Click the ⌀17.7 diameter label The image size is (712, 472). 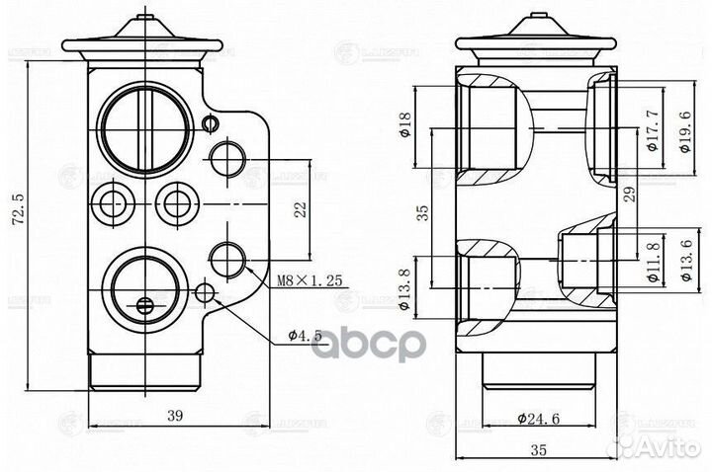point(652,130)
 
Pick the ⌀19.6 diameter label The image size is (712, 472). point(686,130)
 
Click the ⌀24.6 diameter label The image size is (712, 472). point(538,418)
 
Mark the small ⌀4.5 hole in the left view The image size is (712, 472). point(206,292)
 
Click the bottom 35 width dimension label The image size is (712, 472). point(538,450)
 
